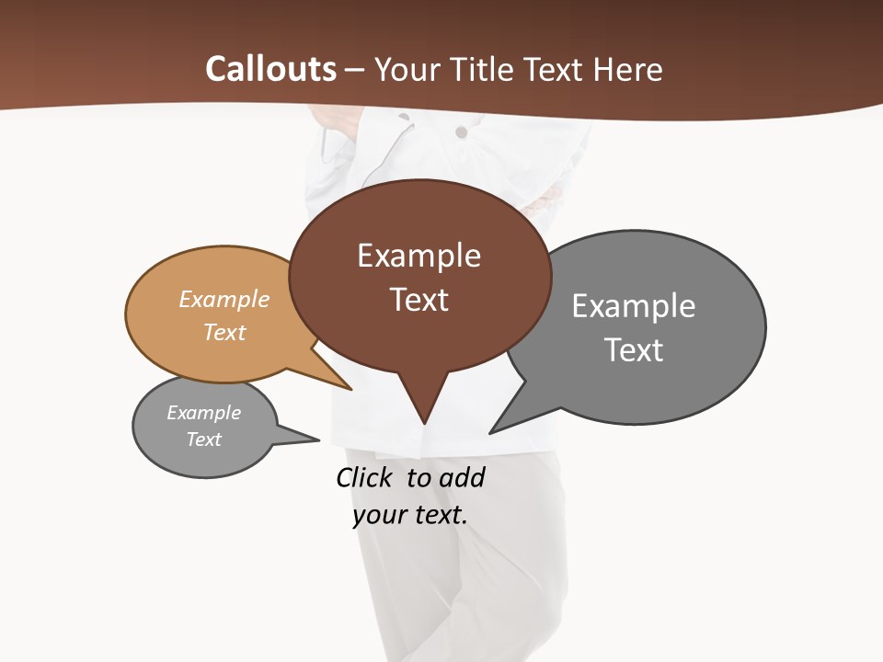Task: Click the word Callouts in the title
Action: click(271, 69)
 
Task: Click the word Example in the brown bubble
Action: click(419, 256)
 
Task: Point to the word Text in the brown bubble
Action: click(419, 300)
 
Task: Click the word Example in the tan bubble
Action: click(224, 299)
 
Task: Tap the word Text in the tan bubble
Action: click(224, 332)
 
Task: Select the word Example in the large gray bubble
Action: click(634, 305)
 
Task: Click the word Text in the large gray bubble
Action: click(634, 350)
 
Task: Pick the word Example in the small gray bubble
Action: click(203, 413)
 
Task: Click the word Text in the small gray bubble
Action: click(203, 439)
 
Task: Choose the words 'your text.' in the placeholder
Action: click(410, 515)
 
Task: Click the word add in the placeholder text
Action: click(461, 477)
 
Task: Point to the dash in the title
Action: click(355, 70)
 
